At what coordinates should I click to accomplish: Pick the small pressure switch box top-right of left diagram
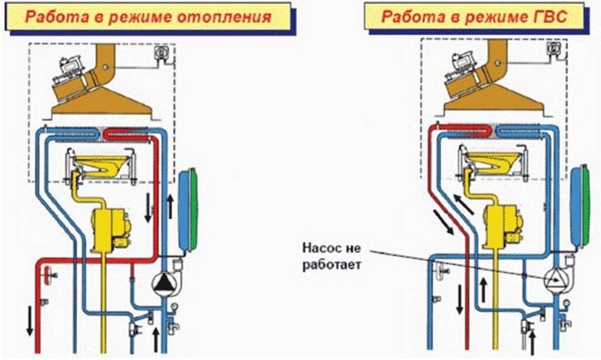click(160, 53)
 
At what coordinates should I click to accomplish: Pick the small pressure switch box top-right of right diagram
click(552, 49)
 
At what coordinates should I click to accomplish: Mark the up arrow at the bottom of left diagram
click(156, 339)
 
